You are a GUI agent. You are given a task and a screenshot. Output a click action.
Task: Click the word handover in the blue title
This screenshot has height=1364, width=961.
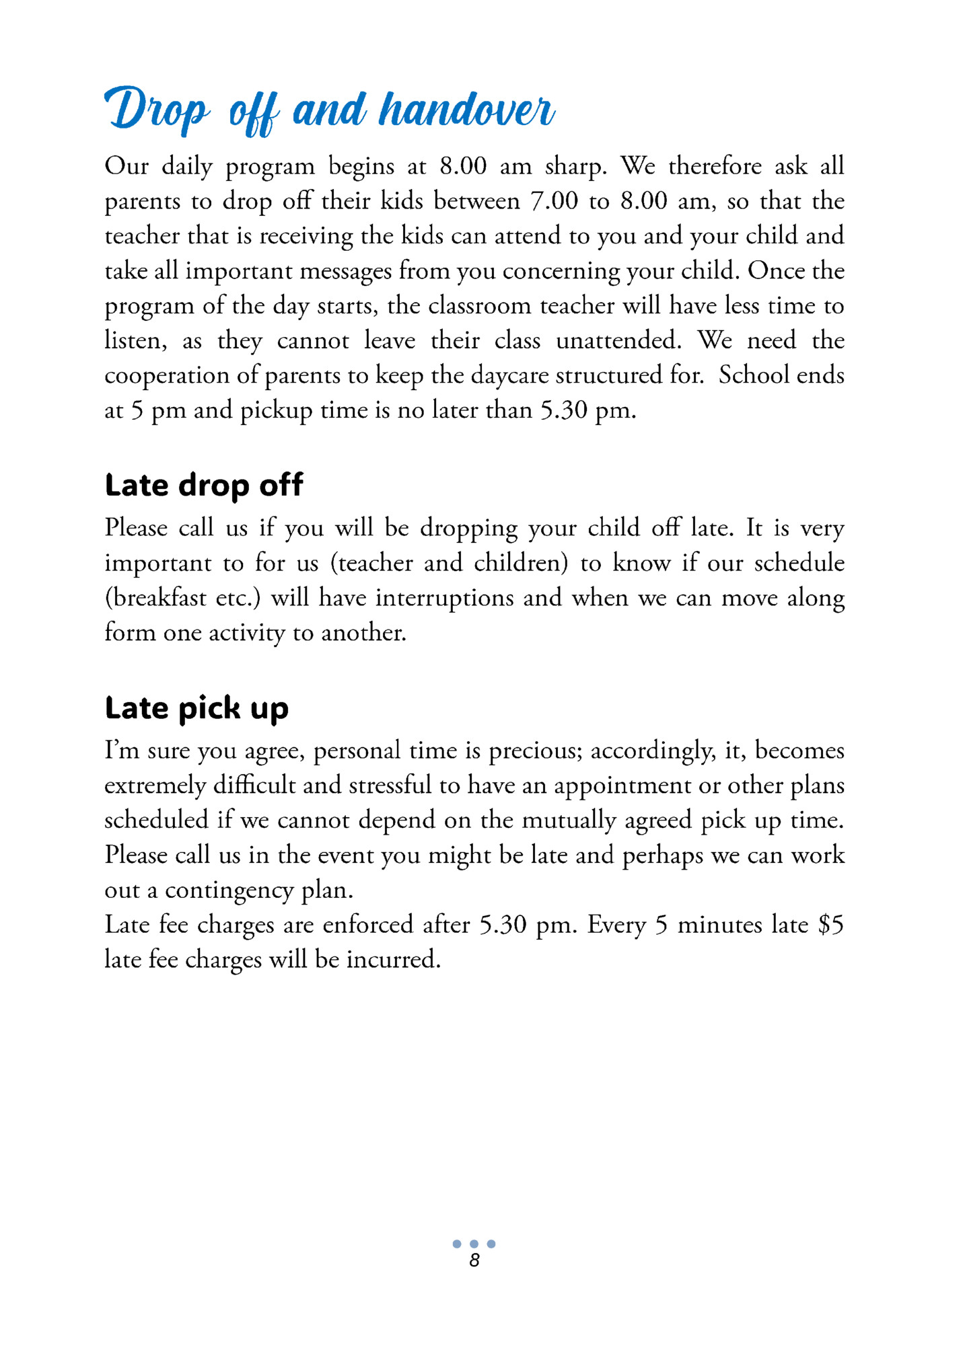point(466,109)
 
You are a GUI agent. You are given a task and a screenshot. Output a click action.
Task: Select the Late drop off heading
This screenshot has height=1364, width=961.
point(204,485)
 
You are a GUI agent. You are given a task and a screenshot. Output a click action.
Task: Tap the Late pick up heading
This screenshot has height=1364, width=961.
point(197,708)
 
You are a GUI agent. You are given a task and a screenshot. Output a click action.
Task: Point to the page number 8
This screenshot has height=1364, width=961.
point(474,1260)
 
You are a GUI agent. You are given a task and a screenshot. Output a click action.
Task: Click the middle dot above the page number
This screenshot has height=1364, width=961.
point(474,1244)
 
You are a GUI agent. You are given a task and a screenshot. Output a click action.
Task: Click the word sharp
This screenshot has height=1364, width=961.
point(575,167)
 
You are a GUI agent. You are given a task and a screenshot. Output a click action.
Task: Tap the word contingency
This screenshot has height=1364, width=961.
point(229,891)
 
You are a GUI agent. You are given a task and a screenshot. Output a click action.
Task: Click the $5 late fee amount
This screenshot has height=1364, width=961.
point(830,925)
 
